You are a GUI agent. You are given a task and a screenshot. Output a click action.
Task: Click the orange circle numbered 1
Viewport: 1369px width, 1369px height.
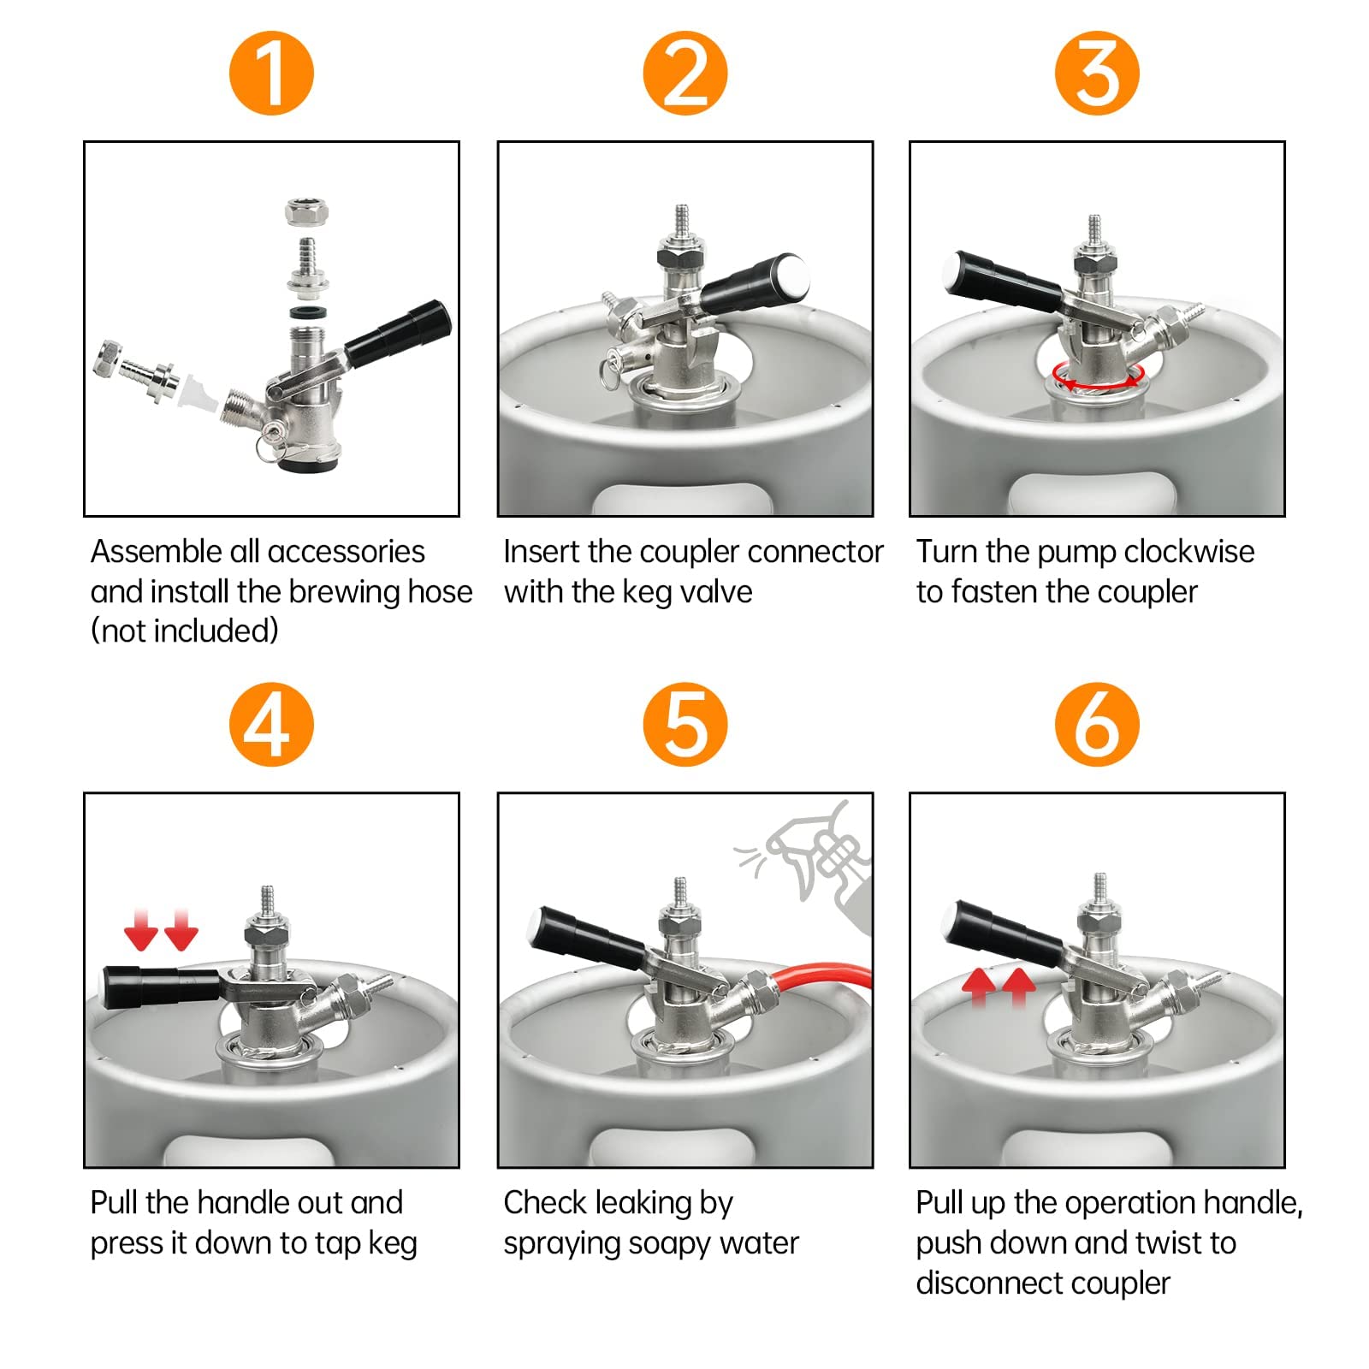pyautogui.click(x=271, y=73)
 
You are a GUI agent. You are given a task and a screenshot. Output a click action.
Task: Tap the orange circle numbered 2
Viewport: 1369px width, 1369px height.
pyautogui.click(x=684, y=73)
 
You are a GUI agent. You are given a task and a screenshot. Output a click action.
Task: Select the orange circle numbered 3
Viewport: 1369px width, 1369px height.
pyautogui.click(x=1097, y=73)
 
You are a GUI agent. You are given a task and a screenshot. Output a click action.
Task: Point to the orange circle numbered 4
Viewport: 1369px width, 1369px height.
pyautogui.click(x=271, y=724)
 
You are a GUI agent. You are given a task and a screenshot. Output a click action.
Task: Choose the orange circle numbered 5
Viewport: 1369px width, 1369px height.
pyautogui.click(x=684, y=724)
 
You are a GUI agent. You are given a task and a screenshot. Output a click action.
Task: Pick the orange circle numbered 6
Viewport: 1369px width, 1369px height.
pyautogui.click(x=1097, y=724)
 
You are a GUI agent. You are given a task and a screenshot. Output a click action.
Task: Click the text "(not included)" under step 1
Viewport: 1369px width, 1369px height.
pyautogui.click(x=185, y=631)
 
